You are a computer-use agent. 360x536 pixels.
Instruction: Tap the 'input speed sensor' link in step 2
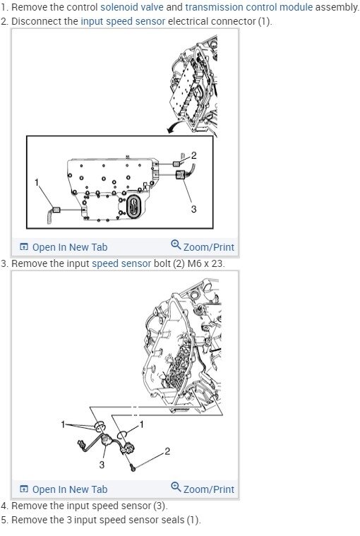pos(124,21)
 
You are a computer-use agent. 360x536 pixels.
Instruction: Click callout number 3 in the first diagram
pos(193,209)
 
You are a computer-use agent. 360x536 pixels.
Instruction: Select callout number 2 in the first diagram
pos(193,155)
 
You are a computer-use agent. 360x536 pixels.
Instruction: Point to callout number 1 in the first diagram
pos(37,183)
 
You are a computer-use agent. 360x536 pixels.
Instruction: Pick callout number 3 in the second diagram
pos(102,464)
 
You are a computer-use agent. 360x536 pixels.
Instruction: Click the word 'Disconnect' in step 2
pos(34,21)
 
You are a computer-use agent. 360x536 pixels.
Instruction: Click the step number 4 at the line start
pos(4,506)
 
